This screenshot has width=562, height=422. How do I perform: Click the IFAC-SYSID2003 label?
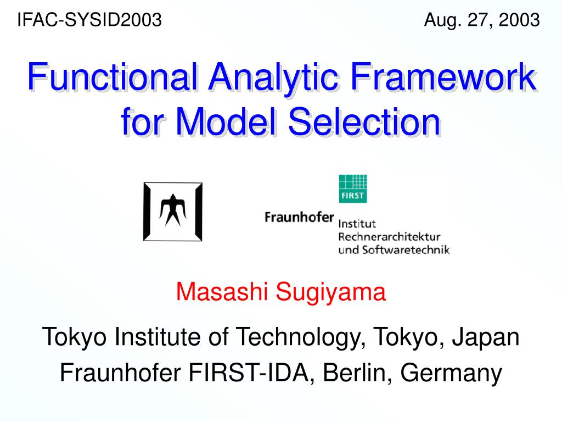[x=89, y=20]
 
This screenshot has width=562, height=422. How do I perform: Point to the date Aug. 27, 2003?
[x=482, y=20]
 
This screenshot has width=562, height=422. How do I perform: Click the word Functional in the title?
[x=113, y=77]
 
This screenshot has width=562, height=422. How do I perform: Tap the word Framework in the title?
[x=443, y=77]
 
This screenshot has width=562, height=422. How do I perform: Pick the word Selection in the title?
[x=364, y=122]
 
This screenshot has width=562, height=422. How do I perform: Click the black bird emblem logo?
[x=173, y=212]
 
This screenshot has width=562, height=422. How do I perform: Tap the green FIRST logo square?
[x=353, y=189]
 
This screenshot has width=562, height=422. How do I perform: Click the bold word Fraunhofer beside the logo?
[x=299, y=217]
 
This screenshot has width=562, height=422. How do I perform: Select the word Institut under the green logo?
[x=357, y=224]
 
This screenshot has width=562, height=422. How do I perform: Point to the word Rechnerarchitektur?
[x=389, y=237]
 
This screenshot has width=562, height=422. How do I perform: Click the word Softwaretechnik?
[x=406, y=250]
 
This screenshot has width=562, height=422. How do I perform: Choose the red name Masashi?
[x=222, y=291]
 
